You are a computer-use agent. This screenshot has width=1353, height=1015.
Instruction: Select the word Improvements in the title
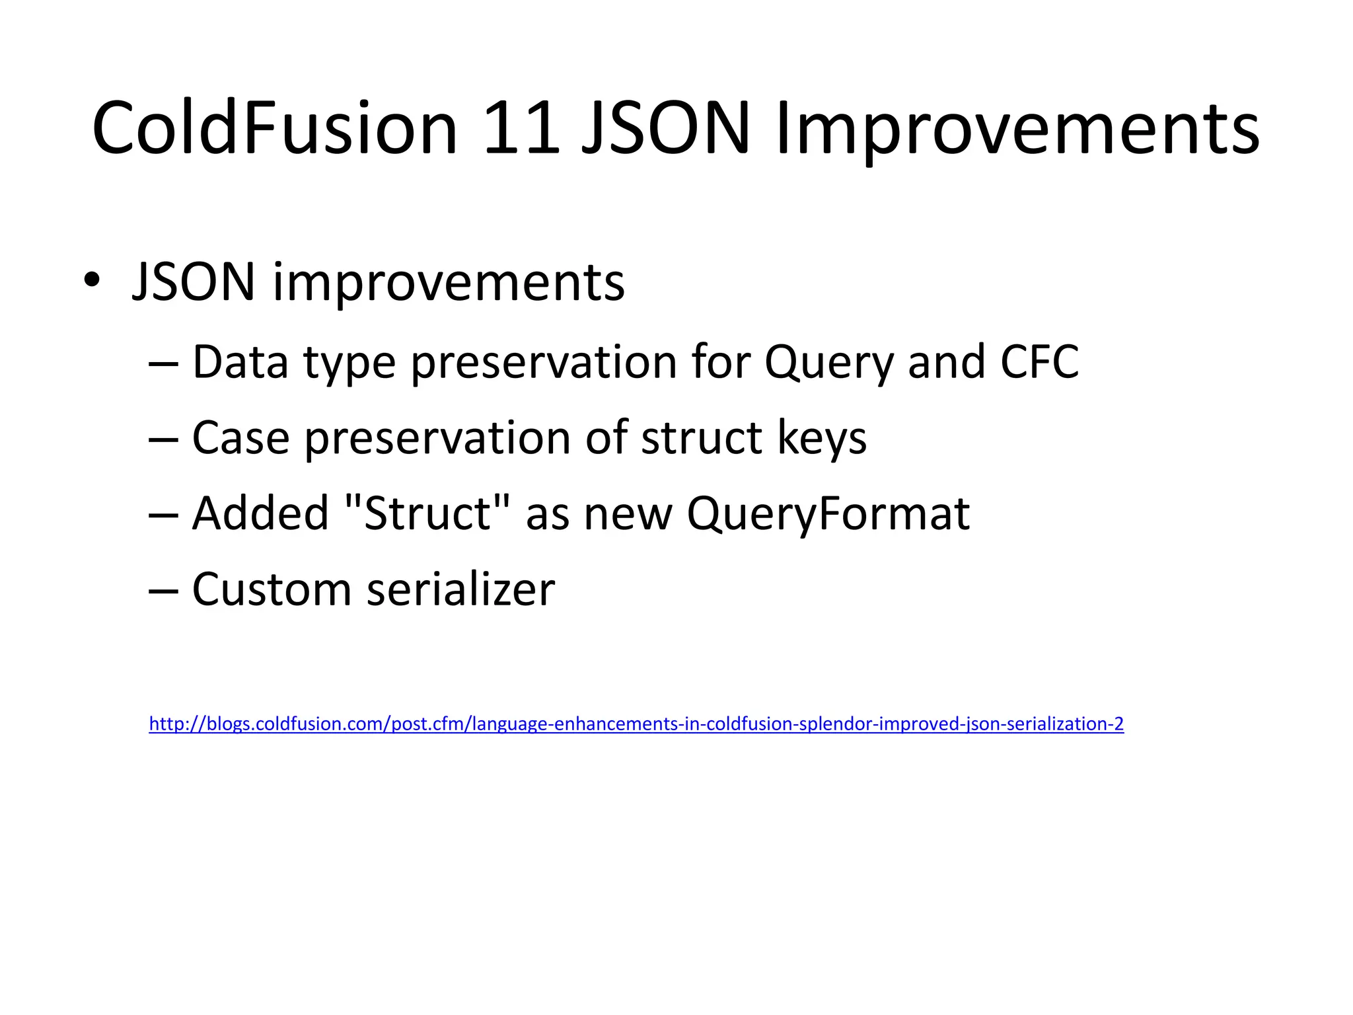tap(1017, 129)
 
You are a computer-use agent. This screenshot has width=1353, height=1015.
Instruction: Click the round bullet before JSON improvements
tap(92, 281)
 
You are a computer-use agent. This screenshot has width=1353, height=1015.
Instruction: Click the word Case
tap(240, 438)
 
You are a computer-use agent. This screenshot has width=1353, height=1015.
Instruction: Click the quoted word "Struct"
tap(428, 513)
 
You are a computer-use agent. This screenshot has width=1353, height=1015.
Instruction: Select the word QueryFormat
tap(828, 515)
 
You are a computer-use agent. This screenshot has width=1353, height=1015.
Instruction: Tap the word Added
tap(260, 513)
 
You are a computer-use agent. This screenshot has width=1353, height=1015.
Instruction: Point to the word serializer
tap(460, 589)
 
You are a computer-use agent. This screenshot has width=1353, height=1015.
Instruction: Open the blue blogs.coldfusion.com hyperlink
tap(636, 724)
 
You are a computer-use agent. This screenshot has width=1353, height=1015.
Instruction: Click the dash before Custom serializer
tap(163, 590)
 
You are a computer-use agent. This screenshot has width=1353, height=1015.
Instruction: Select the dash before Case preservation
tap(163, 439)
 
